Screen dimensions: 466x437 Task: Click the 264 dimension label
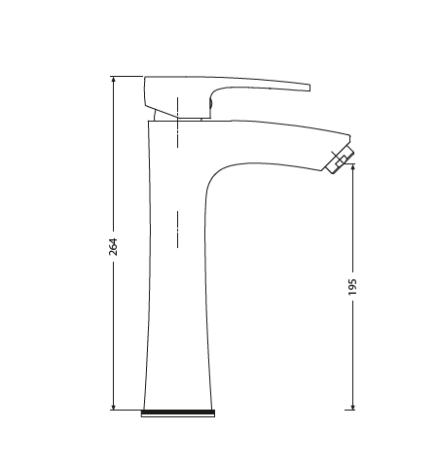point(113,247)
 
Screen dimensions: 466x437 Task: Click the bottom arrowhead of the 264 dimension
point(113,406)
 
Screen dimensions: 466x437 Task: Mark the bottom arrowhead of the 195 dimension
point(352,406)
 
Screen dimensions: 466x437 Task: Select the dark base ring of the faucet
point(177,412)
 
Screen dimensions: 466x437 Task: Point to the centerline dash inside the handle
point(177,106)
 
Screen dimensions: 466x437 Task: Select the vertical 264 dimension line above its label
point(113,156)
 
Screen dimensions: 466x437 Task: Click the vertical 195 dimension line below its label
point(352,350)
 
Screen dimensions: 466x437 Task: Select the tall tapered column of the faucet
point(175,292)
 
